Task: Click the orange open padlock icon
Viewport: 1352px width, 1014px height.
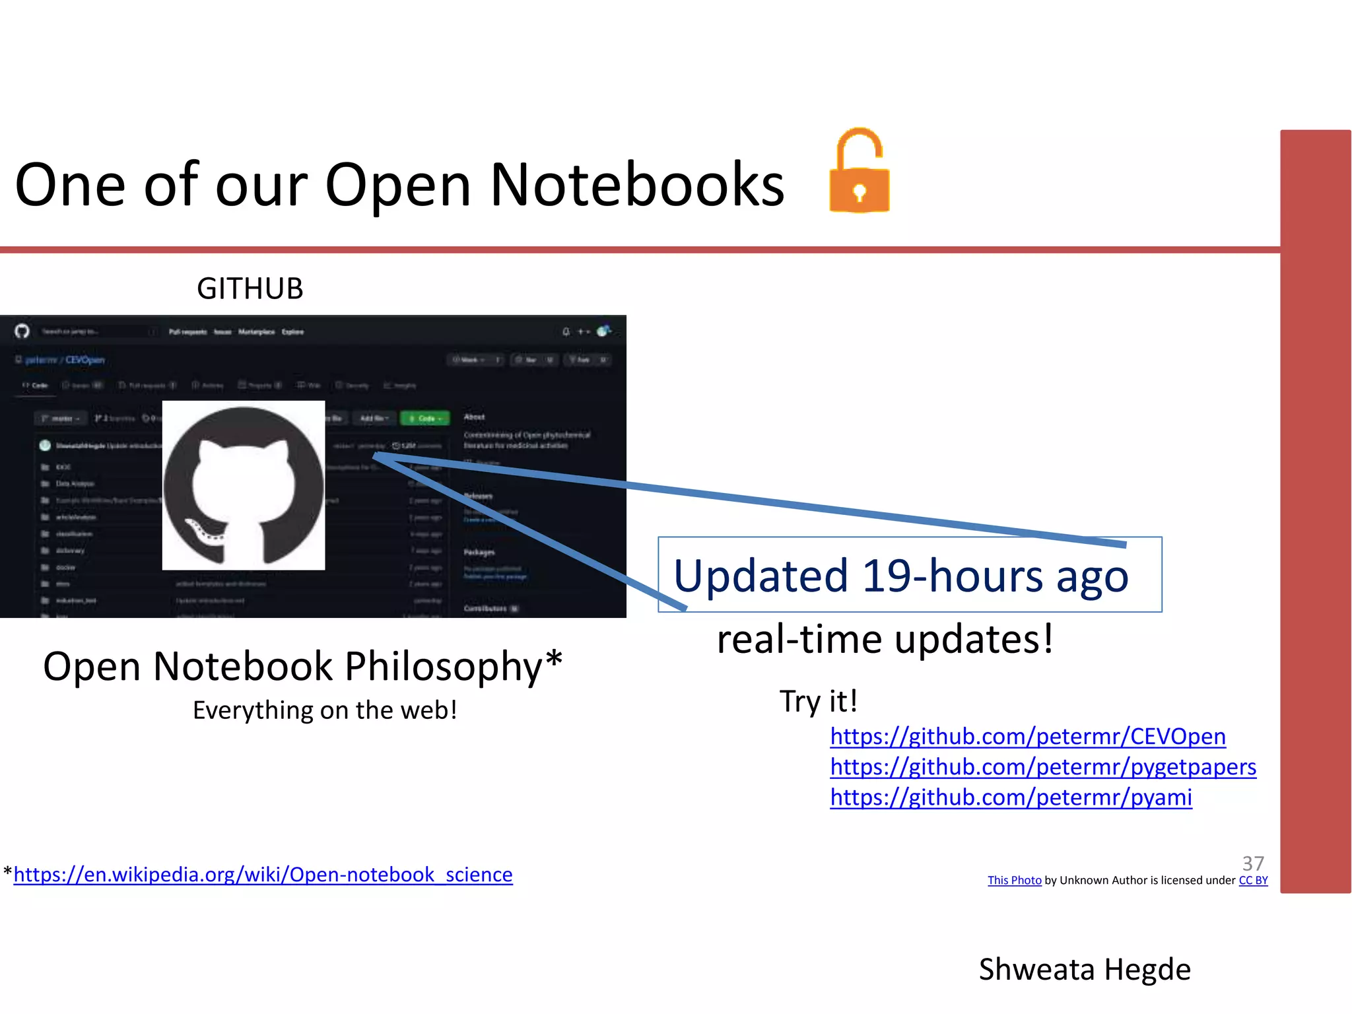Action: pyautogui.click(x=859, y=173)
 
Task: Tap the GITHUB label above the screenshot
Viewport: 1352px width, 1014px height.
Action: pyautogui.click(x=250, y=288)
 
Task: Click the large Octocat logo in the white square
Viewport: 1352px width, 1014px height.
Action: pyautogui.click(x=244, y=485)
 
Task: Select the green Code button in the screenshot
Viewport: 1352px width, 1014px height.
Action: pyautogui.click(x=425, y=418)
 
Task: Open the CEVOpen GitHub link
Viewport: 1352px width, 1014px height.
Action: pyautogui.click(x=1028, y=736)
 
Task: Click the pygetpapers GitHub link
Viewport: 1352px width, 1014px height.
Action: pyautogui.click(x=1043, y=766)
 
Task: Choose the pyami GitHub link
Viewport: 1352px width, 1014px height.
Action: pyautogui.click(x=1011, y=797)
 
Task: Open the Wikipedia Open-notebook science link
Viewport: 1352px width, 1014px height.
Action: pyautogui.click(x=263, y=874)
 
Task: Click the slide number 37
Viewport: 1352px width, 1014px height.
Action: pyautogui.click(x=1253, y=863)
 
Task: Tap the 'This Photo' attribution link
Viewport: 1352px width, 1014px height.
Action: pyautogui.click(x=1014, y=880)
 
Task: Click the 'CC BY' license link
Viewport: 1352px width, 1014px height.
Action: pyautogui.click(x=1253, y=880)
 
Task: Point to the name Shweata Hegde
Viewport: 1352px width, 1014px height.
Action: pyautogui.click(x=1085, y=969)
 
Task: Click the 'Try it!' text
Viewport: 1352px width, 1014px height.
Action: pyautogui.click(x=819, y=700)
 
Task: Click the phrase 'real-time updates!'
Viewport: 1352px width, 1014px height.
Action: pyautogui.click(x=885, y=639)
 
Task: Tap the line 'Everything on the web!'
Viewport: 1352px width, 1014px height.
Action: pyautogui.click(x=325, y=710)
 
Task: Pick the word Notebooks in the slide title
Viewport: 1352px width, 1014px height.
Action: pyautogui.click(x=637, y=185)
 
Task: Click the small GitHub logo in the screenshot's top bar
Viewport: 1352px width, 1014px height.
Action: pyautogui.click(x=22, y=331)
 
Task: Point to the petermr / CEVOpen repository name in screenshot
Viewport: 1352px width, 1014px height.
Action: pyautogui.click(x=65, y=360)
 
